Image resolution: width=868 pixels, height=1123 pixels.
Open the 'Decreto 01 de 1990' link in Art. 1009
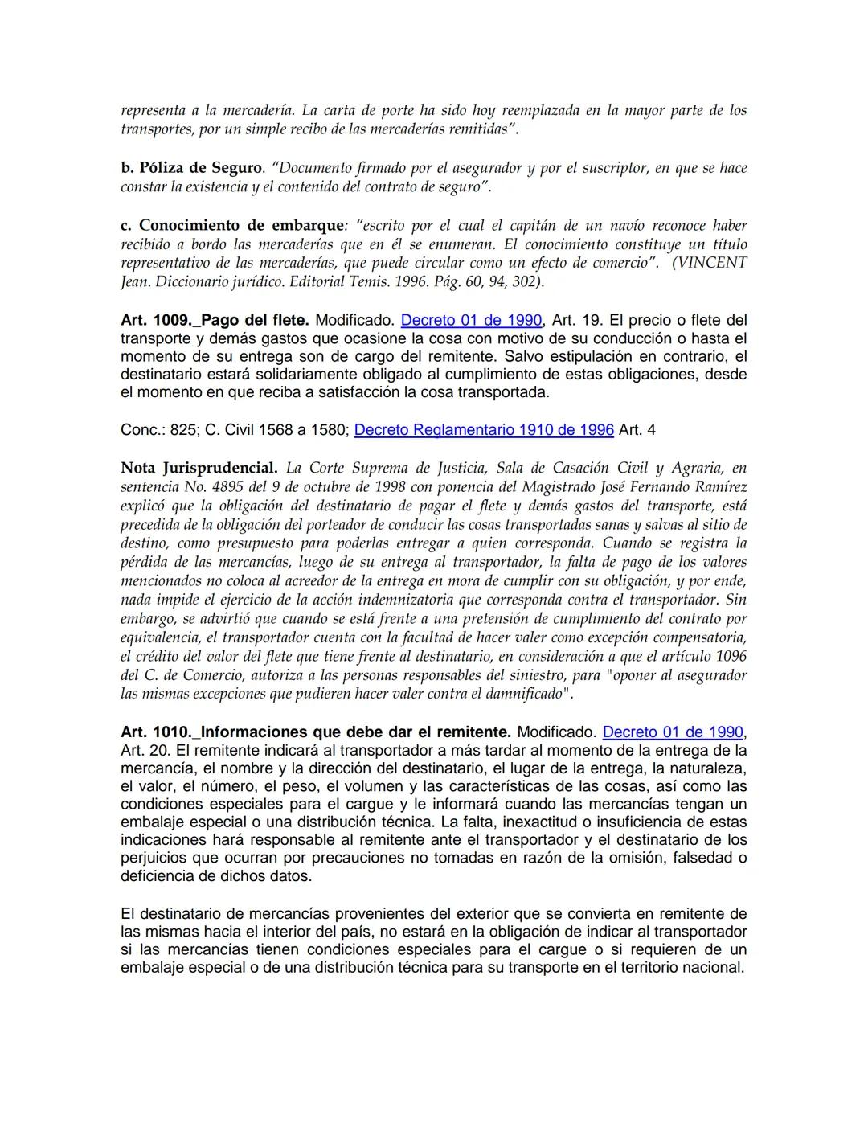click(x=471, y=320)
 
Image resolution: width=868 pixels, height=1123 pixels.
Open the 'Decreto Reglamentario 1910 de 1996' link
click(x=484, y=430)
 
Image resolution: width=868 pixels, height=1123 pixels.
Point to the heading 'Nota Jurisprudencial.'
click(x=199, y=468)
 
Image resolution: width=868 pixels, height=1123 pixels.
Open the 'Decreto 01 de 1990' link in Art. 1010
click(x=673, y=732)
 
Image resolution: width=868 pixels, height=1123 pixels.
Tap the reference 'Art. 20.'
click(x=145, y=751)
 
